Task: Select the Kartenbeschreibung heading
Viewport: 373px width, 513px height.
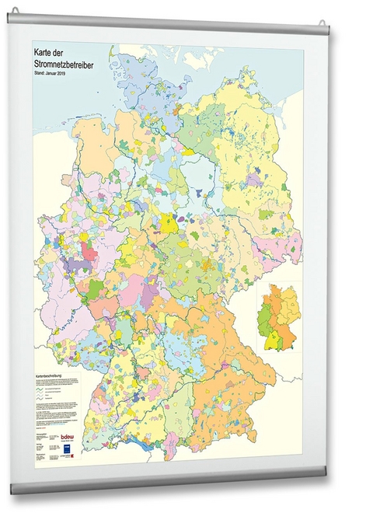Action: [51, 375]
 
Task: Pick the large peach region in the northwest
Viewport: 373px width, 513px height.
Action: [93, 144]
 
